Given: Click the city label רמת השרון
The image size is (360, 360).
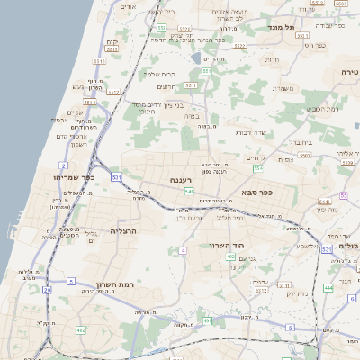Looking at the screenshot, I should [x=114, y=283].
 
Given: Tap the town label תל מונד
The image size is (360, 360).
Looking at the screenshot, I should [x=281, y=27].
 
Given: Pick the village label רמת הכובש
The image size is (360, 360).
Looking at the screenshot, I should [x=322, y=109].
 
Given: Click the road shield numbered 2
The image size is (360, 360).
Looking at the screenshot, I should [x=63, y=166].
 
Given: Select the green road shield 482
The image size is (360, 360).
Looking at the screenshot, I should [x=81, y=330].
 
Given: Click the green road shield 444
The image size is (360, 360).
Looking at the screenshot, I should [x=328, y=287].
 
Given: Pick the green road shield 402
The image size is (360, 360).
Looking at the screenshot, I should [x=230, y=256].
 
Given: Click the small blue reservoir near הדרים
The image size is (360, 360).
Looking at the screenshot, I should [x=196, y=58].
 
